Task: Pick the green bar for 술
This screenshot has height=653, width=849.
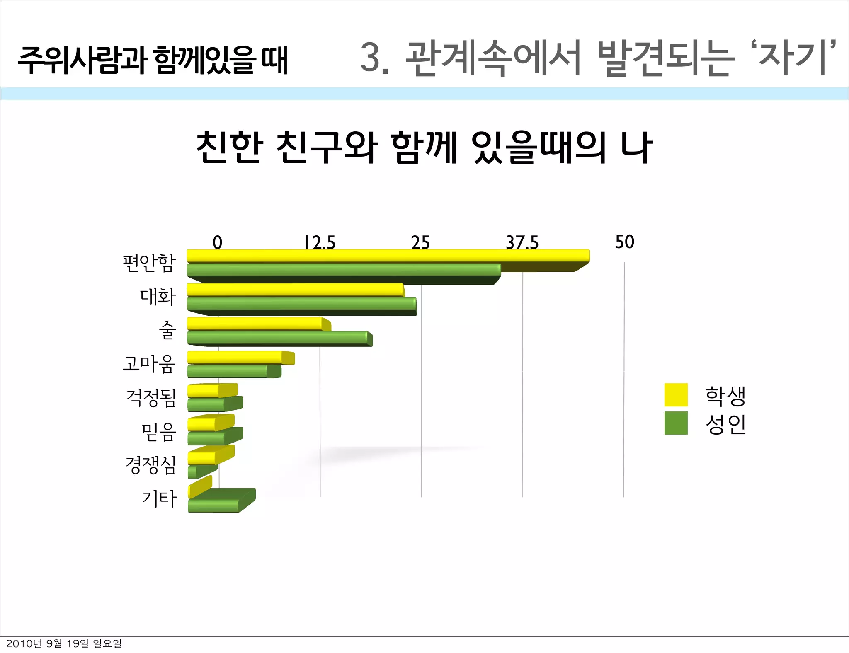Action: [x=278, y=338]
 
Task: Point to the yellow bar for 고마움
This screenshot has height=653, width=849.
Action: [x=236, y=357]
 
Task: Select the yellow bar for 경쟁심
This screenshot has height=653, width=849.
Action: [x=203, y=457]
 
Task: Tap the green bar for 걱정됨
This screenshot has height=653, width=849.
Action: [x=207, y=404]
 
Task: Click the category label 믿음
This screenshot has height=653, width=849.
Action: [x=159, y=432]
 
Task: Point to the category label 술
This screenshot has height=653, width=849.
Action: [x=167, y=330]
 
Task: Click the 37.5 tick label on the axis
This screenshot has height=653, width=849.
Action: [x=522, y=242]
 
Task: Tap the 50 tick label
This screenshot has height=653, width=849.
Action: [x=624, y=242]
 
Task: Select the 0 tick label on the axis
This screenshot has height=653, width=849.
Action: [x=218, y=242]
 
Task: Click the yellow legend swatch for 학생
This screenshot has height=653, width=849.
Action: [x=676, y=395]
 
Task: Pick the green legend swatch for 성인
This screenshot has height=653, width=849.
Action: [x=676, y=423]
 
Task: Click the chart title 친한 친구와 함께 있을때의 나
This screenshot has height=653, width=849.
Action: [x=424, y=147]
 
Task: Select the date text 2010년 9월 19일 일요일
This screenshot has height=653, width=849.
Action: [x=64, y=643]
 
